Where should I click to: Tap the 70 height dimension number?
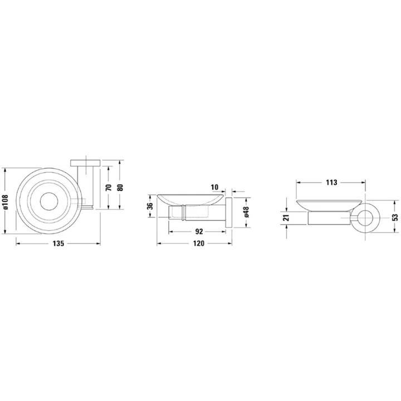[109, 187]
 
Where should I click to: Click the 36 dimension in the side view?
[149, 207]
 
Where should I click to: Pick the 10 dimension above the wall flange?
[216, 188]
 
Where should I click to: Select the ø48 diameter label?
[245, 212]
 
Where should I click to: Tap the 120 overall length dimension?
[199, 243]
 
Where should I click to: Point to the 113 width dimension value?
[331, 182]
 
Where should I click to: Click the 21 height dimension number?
[286, 218]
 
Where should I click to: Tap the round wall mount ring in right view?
[366, 218]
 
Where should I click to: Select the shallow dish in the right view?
[330, 204]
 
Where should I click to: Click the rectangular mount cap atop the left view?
[86, 162]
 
